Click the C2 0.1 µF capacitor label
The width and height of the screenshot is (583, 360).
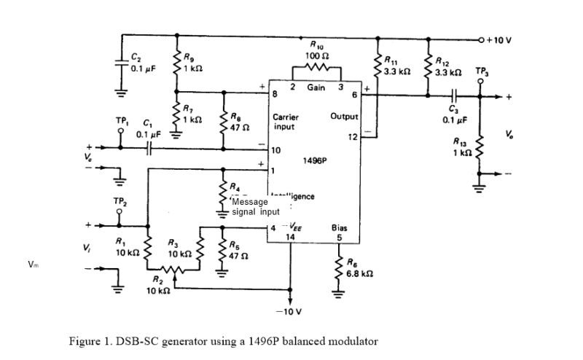click(x=141, y=64)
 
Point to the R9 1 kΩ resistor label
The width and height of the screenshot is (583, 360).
click(x=193, y=63)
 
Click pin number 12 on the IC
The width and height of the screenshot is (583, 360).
click(x=353, y=137)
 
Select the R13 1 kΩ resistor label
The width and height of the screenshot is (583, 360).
click(x=460, y=146)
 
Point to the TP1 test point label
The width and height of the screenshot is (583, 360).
click(x=122, y=120)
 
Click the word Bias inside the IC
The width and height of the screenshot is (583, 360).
click(x=339, y=227)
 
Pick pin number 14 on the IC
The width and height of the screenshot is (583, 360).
click(x=290, y=237)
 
